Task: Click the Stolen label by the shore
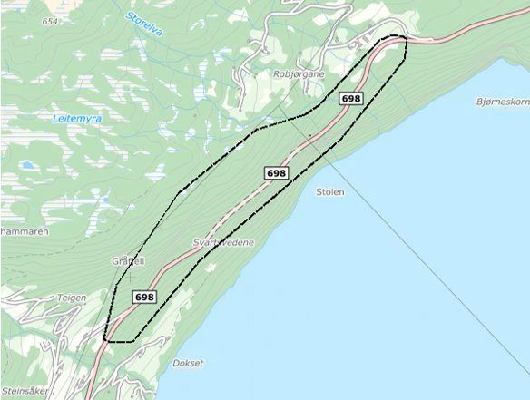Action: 329,192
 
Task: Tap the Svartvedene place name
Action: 224,243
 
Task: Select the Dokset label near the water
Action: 188,363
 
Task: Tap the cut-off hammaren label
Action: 24,232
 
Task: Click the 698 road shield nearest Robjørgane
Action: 350,97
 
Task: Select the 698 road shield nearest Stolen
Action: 277,172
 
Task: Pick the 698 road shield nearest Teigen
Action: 143,297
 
